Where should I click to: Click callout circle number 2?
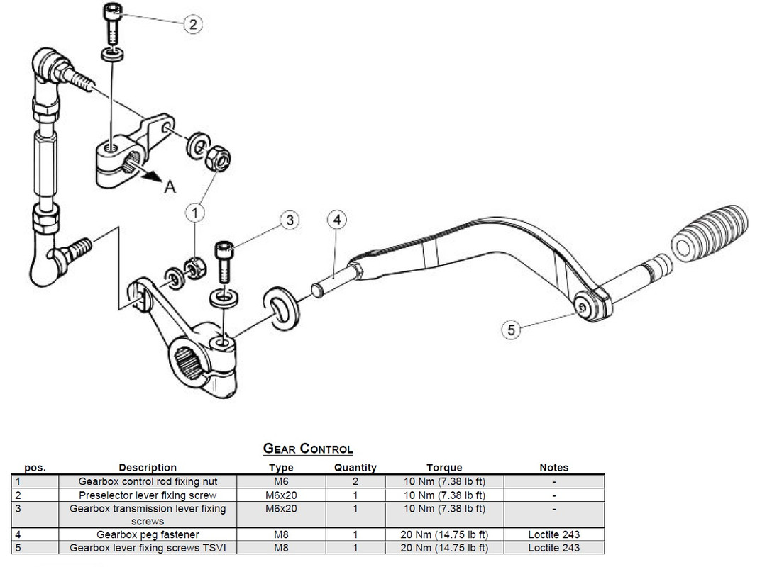pyautogui.click(x=192, y=24)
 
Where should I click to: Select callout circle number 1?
pyautogui.click(x=195, y=211)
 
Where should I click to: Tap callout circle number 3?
pyautogui.click(x=289, y=220)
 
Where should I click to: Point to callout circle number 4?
pyautogui.click(x=337, y=220)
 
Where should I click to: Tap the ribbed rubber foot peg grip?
pyautogui.click(x=709, y=231)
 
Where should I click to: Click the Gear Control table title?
pyautogui.click(x=308, y=449)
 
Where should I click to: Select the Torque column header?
pyautogui.click(x=444, y=468)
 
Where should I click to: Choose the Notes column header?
pyautogui.click(x=553, y=468)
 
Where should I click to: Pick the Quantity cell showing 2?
pyautogui.click(x=355, y=481)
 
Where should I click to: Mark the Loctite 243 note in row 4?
pyautogui.click(x=553, y=534)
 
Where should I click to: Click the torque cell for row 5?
pyautogui.click(x=444, y=548)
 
